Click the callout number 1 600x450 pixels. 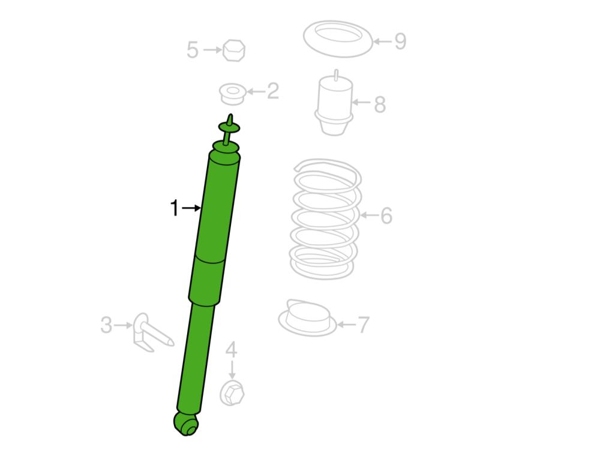pyautogui.click(x=174, y=208)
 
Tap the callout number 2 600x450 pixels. pyautogui.click(x=273, y=91)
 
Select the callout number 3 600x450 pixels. pyautogui.click(x=106, y=325)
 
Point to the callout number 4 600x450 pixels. pyautogui.click(x=231, y=350)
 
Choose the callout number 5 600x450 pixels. pyautogui.click(x=193, y=50)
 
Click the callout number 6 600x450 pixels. pyautogui.click(x=386, y=215)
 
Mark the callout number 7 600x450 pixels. pyautogui.click(x=363, y=325)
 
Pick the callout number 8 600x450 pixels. pyautogui.click(x=380, y=104)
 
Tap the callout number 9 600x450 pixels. pyautogui.click(x=400, y=41)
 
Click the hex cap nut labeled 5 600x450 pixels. pyautogui.click(x=233, y=50)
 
